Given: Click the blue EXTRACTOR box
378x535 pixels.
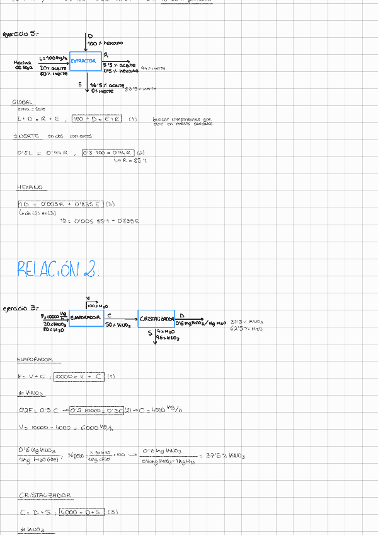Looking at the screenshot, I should [85, 61].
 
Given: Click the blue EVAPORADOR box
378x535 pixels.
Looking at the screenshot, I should [85, 317].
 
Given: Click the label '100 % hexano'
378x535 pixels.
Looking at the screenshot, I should [105, 43].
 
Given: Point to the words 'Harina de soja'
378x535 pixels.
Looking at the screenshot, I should [23, 65].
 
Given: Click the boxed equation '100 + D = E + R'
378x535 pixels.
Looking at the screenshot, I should [96, 119].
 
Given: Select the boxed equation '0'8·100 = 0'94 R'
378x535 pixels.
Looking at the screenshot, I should [107, 152].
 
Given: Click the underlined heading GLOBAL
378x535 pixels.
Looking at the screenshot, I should [23, 102].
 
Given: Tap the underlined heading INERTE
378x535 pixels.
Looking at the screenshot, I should [26, 136].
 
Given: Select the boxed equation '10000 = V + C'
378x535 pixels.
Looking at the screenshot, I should [78, 377].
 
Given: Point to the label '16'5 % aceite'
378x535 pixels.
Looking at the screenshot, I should [106, 85].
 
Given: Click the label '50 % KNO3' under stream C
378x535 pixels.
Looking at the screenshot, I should [118, 326].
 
